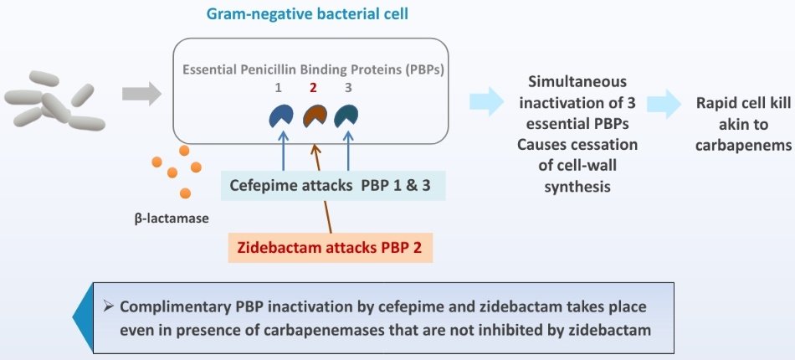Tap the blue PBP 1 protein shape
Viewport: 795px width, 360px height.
280,116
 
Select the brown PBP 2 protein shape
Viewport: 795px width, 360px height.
315,116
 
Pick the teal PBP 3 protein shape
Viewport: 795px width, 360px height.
346,116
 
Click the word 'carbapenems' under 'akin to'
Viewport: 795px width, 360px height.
743,143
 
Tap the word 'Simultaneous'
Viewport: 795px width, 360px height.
577,82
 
